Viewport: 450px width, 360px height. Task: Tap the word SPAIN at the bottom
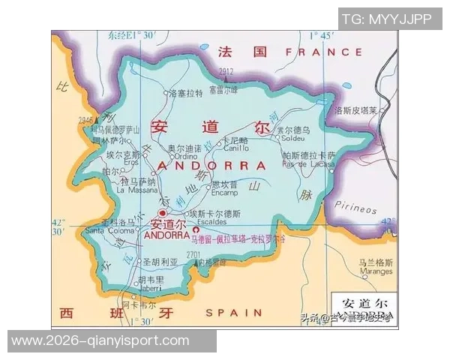(x=233, y=312)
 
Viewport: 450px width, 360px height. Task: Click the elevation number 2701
(x=193, y=255)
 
